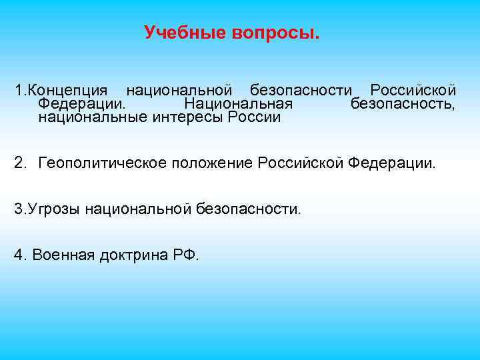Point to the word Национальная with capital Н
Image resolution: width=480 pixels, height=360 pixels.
(238, 104)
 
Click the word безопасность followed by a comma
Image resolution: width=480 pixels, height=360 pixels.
(403, 104)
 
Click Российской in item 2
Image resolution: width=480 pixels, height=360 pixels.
(301, 162)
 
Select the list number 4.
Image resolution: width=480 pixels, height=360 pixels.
(20, 255)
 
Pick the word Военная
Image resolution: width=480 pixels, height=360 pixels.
(63, 255)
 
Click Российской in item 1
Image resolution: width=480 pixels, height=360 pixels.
(413, 90)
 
